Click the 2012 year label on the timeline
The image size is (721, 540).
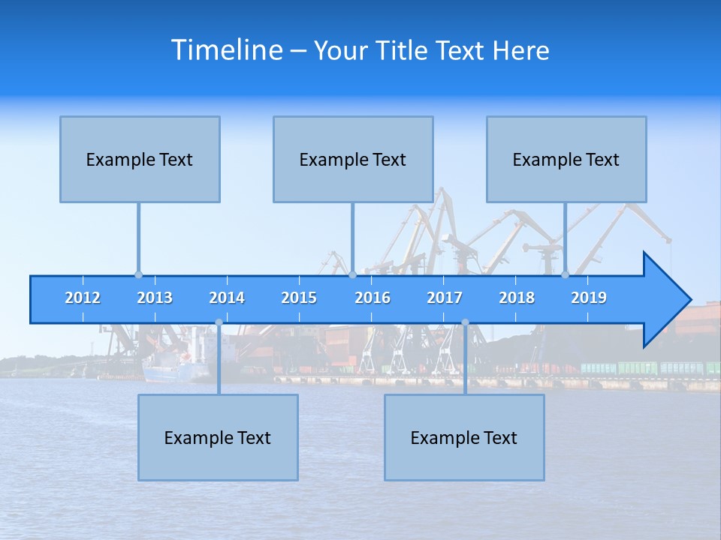coord(83,298)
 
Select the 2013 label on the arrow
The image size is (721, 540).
coord(155,298)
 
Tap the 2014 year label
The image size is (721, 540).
coord(227,298)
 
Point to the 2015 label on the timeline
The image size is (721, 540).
coord(299,298)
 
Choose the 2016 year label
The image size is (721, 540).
coord(373,298)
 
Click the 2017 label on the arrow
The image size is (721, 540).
coord(445,298)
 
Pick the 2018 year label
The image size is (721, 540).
coord(517,298)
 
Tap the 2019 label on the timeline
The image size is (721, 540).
coord(589,298)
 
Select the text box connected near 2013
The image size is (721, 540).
coord(140,159)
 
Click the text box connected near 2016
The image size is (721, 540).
coord(353,159)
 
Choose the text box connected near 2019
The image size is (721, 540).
coord(566,159)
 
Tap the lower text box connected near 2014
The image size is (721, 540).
coord(218,437)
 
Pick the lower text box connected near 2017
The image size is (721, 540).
coord(464,437)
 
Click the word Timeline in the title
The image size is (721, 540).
coord(226,49)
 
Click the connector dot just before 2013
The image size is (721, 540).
coord(138,274)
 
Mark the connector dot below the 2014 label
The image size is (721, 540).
coord(219,322)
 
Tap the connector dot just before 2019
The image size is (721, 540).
coord(565,274)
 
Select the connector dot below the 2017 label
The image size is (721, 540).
coord(465,322)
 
